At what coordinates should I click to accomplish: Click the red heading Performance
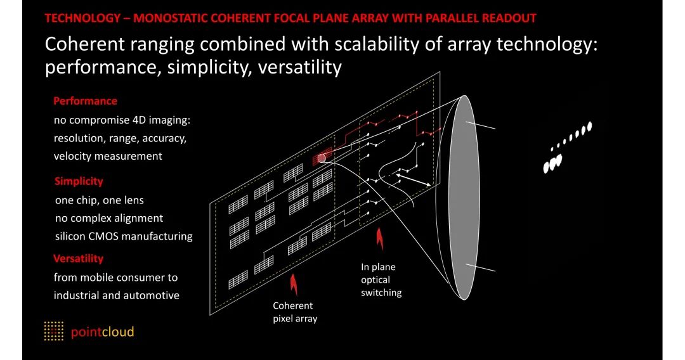[x=85, y=101]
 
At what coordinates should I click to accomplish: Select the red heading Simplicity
[x=79, y=181]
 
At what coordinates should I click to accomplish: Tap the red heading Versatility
[x=78, y=259]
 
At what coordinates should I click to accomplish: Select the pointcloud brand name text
[x=102, y=332]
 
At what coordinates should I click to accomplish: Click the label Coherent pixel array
[x=294, y=312]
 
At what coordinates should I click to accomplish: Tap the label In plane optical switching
[x=381, y=280]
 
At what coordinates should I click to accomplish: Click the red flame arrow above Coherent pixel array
[x=293, y=283]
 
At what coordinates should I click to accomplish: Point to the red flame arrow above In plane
[x=380, y=240]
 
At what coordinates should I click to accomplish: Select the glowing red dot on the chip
[x=322, y=157]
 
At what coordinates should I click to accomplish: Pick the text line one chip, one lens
[x=100, y=200]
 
